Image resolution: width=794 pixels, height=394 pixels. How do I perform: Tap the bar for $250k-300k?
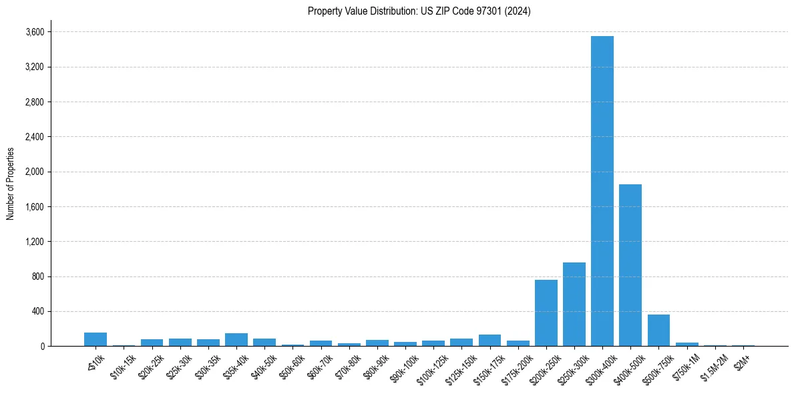point(574,304)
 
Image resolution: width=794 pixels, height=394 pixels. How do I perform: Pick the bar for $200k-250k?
point(546,313)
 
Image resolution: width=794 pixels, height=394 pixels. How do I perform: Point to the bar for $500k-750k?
point(658,330)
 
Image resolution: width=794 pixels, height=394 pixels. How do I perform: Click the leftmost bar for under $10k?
point(95,339)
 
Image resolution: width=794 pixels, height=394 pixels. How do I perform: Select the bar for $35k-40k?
point(236,339)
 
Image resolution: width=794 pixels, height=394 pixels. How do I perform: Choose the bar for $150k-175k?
point(489,340)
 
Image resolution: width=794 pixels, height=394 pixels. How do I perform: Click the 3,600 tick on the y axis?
point(35,32)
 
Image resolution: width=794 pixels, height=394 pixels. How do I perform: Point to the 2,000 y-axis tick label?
point(35,172)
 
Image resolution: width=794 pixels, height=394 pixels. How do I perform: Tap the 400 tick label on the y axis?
point(38,311)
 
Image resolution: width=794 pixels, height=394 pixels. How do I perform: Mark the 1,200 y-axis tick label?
point(35,242)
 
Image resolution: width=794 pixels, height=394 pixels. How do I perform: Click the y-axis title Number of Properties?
point(11,184)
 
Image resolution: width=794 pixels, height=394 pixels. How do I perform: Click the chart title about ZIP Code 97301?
point(419,11)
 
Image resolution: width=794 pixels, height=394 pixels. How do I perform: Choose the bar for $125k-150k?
point(461,342)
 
